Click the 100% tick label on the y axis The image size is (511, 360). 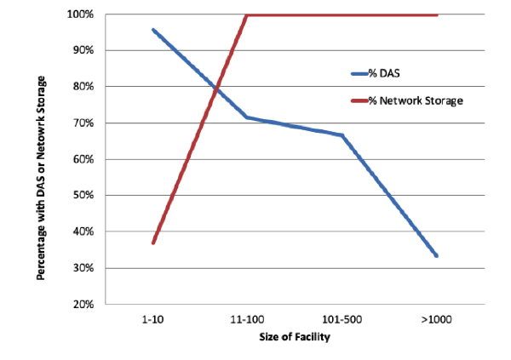pos(80,14)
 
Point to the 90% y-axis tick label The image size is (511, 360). pos(83,50)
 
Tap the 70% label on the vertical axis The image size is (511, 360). pos(83,123)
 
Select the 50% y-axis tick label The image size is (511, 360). pos(83,195)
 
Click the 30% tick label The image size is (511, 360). pos(83,268)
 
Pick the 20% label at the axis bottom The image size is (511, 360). pos(83,305)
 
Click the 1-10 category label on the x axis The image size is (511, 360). pos(152,320)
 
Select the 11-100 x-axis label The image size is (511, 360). pos(247,320)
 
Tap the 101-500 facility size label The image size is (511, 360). pos(342,320)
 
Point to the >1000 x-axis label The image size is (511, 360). pos(436,320)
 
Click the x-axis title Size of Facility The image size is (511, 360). pos(295,337)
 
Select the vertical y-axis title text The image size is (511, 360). pos(41,178)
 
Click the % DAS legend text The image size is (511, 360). pos(384,73)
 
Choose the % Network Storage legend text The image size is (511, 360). pos(416,100)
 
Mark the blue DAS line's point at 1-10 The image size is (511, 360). pos(152,30)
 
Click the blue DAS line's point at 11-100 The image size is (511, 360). pos(247,117)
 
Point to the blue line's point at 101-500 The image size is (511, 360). pos(342,134)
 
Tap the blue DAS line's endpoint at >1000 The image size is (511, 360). pos(436,256)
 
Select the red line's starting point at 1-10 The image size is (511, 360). pos(152,243)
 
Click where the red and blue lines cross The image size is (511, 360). pos(216,88)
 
